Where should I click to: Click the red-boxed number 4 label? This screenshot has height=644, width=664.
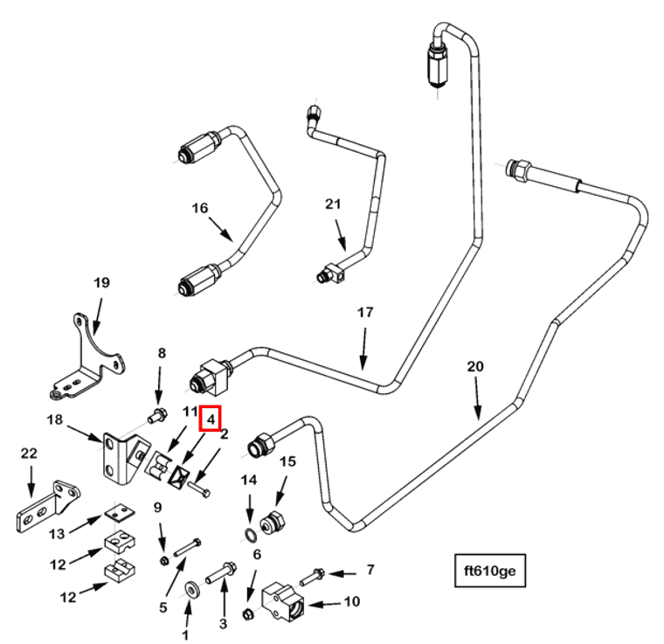[x=211, y=419]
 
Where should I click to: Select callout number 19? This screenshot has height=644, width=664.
[x=101, y=282]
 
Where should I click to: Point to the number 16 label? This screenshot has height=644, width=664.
[x=201, y=208]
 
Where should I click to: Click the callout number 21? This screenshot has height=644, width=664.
[x=332, y=204]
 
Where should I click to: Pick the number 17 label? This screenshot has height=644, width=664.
[x=365, y=312]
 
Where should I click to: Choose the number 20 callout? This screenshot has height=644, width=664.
[x=474, y=367]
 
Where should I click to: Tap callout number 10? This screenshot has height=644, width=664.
[x=352, y=602]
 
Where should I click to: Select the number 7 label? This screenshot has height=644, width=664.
[x=370, y=570]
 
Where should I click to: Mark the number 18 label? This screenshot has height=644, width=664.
[x=53, y=419]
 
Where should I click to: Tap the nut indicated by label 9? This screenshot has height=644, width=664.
[x=163, y=558]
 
